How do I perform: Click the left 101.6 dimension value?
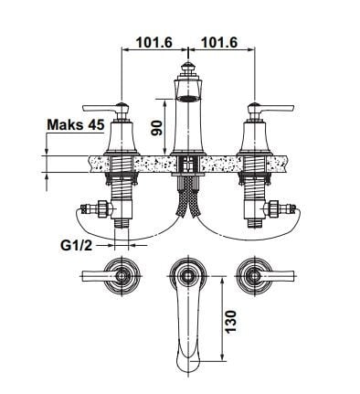coord(154,42)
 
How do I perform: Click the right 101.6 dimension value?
coord(219,42)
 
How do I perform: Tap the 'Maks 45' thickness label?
coord(76,124)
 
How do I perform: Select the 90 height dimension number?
coord(157,127)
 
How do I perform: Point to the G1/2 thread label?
coord(76,245)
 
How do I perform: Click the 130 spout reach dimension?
coord(231,322)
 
